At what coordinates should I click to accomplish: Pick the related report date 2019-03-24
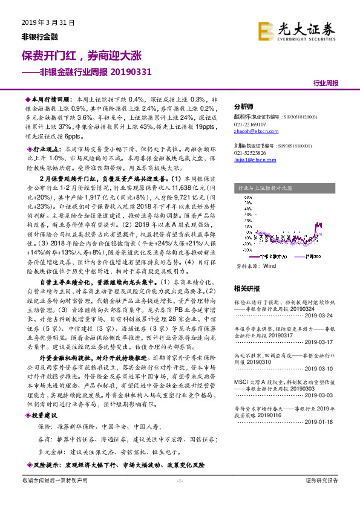[x=329, y=314]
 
